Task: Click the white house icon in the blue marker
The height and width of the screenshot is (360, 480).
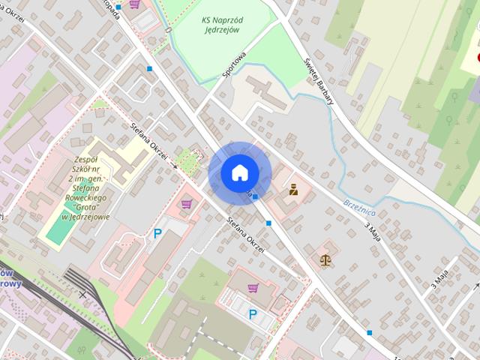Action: [238, 172]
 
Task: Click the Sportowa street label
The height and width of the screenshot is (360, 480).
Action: [234, 64]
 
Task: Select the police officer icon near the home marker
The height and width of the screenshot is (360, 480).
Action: [294, 190]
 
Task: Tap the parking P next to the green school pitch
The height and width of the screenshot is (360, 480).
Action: [157, 234]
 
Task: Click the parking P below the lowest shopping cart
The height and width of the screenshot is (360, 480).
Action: [253, 314]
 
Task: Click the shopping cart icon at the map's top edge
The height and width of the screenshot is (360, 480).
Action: [134, 4]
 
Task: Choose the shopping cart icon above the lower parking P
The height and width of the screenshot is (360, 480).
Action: [253, 287]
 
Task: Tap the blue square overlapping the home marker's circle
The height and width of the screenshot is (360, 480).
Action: [256, 196]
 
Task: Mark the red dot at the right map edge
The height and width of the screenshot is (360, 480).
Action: [478, 58]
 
